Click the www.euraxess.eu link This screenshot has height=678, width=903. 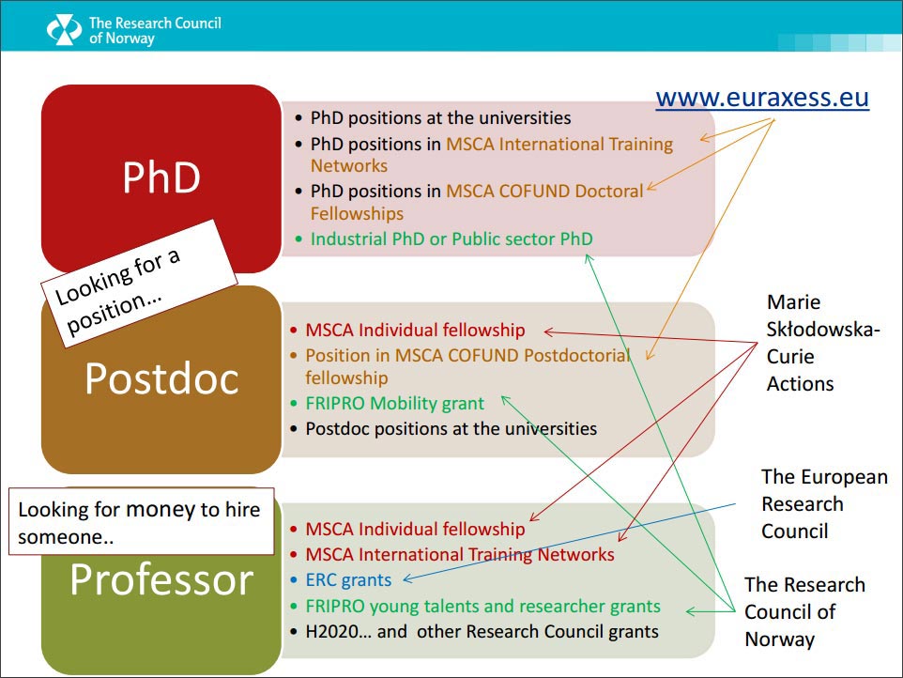click(x=762, y=98)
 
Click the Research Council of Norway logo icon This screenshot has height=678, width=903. click(x=64, y=29)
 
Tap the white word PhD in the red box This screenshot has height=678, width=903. click(x=161, y=177)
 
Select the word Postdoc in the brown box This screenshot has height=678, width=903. click(x=161, y=378)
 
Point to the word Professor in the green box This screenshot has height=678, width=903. click(x=161, y=578)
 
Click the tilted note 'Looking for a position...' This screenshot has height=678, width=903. click(x=139, y=284)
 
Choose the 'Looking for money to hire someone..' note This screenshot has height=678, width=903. click(x=141, y=522)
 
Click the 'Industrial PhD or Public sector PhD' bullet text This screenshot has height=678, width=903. click(x=451, y=239)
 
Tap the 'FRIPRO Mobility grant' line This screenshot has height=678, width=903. click(x=394, y=403)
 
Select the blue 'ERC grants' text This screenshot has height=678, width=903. click(x=348, y=579)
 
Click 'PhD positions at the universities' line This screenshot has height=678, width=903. click(x=440, y=117)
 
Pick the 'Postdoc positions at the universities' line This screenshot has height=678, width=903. click(x=451, y=428)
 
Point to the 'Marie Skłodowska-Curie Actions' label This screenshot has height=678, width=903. click(x=823, y=343)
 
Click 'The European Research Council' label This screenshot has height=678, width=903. click(x=824, y=504)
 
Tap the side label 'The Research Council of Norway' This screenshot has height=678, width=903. click(x=804, y=611)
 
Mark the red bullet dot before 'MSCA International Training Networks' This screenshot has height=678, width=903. click(x=294, y=555)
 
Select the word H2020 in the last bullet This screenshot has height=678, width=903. click(x=330, y=631)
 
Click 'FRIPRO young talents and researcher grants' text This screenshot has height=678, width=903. click(x=482, y=606)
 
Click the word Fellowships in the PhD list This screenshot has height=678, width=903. click(x=357, y=214)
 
